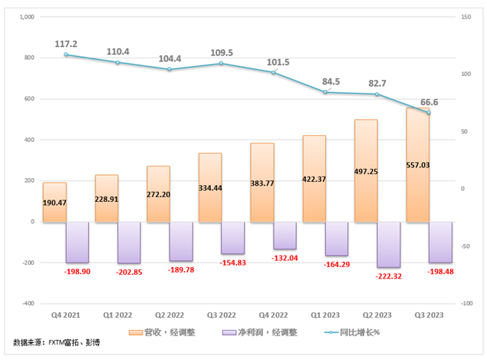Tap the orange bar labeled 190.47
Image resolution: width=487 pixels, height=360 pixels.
(54, 203)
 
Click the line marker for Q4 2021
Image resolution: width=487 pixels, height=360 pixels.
(66, 54)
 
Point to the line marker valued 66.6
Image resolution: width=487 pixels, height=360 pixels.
(429, 113)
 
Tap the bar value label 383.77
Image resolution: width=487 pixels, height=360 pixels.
(263, 194)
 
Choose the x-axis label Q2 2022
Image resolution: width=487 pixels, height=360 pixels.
(169, 315)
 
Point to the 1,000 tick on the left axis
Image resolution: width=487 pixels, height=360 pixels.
(25, 17)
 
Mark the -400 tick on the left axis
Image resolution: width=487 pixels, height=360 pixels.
(27, 303)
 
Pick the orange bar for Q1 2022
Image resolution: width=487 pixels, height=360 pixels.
(107, 198)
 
